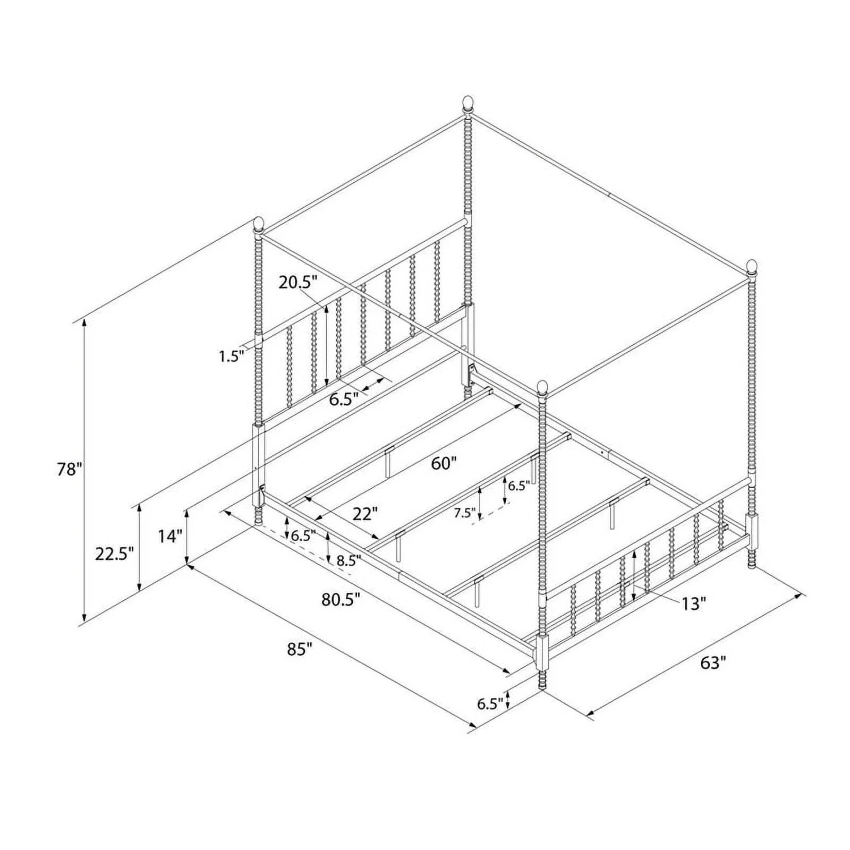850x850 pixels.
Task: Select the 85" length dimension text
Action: pos(299,649)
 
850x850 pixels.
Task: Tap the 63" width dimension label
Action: pos(712,662)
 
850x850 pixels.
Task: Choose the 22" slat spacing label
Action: pos(365,514)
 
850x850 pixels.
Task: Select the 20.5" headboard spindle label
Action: pos(298,282)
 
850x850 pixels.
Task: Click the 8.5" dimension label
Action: pos(348,559)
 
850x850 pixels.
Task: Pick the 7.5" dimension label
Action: pos(464,513)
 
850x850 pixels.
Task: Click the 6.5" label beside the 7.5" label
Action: pos(519,486)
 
